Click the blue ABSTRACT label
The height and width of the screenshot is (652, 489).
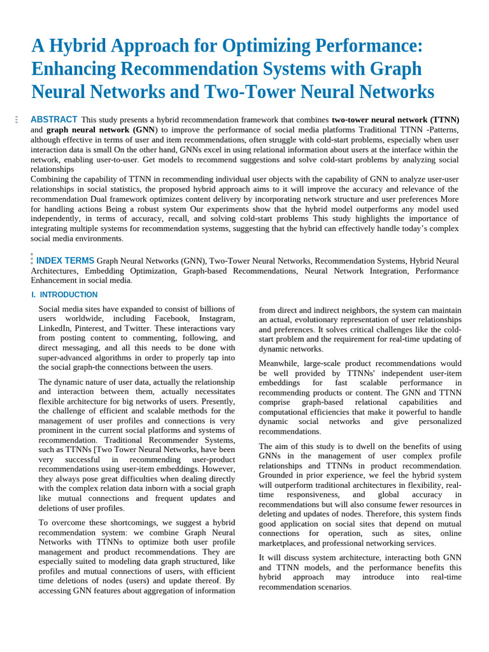coord(54,119)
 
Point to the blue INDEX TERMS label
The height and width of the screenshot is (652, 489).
coord(65,260)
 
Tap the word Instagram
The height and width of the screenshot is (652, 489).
coord(217,318)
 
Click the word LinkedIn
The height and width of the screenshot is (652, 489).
coord(53,328)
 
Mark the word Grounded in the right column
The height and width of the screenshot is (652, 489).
coord(278,475)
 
